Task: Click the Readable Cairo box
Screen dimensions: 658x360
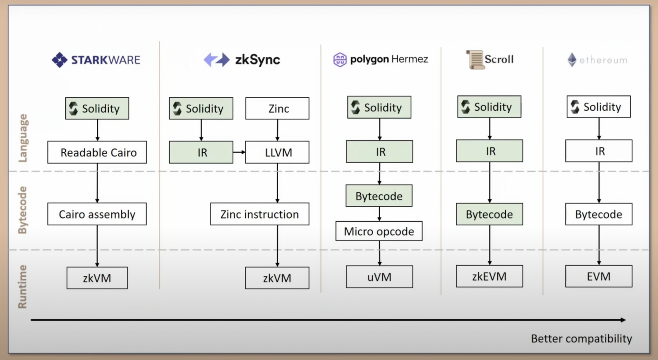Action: pyautogui.click(x=97, y=152)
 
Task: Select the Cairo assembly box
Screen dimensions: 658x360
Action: pyautogui.click(x=97, y=214)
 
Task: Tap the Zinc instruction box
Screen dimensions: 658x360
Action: pyautogui.click(x=259, y=214)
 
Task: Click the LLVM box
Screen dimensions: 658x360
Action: pyautogui.click(x=277, y=152)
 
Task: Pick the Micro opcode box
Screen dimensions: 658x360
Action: pyautogui.click(x=379, y=231)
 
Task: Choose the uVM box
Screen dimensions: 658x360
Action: pyautogui.click(x=379, y=277)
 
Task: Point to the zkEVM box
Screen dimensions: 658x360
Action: pyautogui.click(x=489, y=276)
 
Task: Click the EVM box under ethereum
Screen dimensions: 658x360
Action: pyautogui.click(x=599, y=276)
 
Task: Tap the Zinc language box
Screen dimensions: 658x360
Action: pyautogui.click(x=277, y=109)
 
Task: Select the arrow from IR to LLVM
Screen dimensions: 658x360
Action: pyautogui.click(x=239, y=152)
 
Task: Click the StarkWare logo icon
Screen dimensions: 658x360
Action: pyautogui.click(x=60, y=60)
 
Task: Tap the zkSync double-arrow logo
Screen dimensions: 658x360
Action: pyautogui.click(x=217, y=60)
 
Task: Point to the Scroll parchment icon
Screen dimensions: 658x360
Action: pyautogui.click(x=475, y=60)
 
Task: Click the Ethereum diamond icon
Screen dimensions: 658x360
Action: pyautogui.click(x=572, y=60)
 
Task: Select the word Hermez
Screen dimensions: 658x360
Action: pyautogui.click(x=410, y=59)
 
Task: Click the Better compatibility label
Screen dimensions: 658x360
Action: pyautogui.click(x=582, y=338)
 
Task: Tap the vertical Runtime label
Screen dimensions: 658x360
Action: pyautogui.click(x=23, y=287)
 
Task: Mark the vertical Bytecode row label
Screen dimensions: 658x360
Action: pyautogui.click(x=23, y=210)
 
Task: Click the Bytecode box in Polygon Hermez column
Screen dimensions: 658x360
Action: pyautogui.click(x=379, y=196)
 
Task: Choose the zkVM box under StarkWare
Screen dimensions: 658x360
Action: pyautogui.click(x=97, y=278)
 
